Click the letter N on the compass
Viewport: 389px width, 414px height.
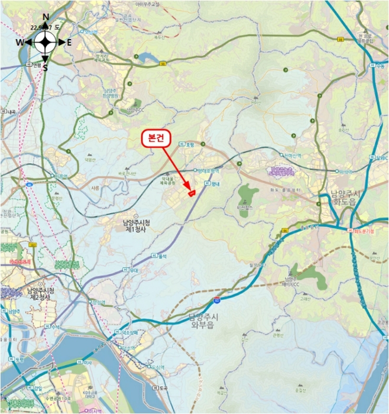click(x=46, y=16)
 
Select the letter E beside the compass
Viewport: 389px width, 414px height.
click(x=69, y=42)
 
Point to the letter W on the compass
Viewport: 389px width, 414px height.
click(x=20, y=42)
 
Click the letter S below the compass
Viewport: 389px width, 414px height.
click(x=46, y=68)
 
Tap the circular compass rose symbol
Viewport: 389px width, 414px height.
click(x=46, y=42)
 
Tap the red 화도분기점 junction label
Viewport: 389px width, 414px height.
click(x=362, y=231)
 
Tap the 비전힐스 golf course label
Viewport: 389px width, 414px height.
click(x=244, y=208)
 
